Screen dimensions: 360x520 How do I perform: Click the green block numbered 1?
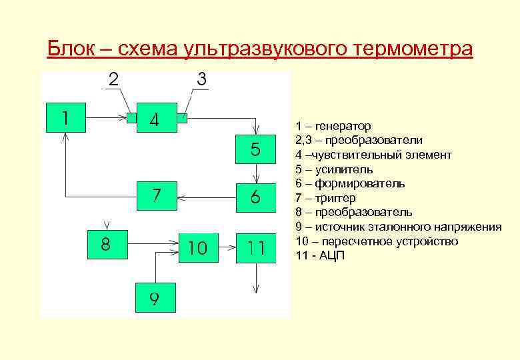65,118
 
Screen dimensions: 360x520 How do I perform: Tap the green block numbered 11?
256,247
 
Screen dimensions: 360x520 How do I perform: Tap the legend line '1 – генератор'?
333,126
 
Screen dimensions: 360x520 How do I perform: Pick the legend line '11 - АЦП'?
321,255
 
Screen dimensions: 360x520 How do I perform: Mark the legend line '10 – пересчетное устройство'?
377,241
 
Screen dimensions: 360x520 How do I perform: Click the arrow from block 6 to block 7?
208,197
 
